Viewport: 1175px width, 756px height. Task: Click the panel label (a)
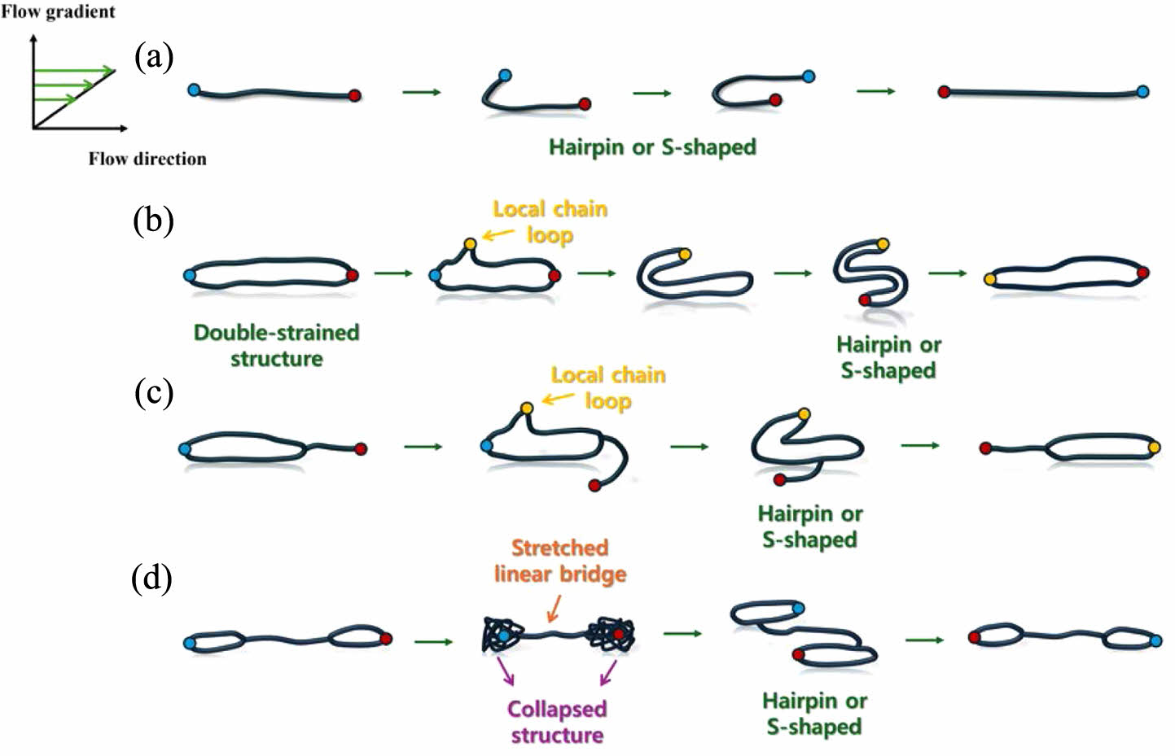click(x=154, y=57)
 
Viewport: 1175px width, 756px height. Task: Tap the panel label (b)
click(x=153, y=221)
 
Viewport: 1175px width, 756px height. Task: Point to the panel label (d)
click(x=151, y=579)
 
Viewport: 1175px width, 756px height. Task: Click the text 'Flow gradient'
click(x=58, y=11)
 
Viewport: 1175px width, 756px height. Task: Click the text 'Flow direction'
click(x=147, y=159)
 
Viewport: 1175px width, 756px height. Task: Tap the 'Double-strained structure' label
click(x=276, y=345)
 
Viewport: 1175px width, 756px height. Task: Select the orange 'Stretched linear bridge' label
click(x=560, y=561)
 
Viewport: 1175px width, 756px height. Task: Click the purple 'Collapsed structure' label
click(x=557, y=722)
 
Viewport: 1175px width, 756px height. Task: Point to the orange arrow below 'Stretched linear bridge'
click(x=554, y=608)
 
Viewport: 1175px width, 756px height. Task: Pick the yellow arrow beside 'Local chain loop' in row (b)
click(x=498, y=235)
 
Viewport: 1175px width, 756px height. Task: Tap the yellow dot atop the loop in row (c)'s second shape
click(x=527, y=408)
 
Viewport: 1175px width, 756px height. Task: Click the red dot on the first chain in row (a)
click(x=354, y=95)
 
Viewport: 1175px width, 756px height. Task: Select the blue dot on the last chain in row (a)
click(x=1142, y=91)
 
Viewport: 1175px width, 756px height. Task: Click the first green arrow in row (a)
click(x=421, y=92)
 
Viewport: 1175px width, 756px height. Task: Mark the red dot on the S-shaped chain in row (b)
click(x=865, y=300)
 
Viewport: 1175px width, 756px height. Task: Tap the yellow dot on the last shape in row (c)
click(x=1154, y=447)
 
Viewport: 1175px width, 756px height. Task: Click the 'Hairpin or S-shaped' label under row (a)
click(x=652, y=147)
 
